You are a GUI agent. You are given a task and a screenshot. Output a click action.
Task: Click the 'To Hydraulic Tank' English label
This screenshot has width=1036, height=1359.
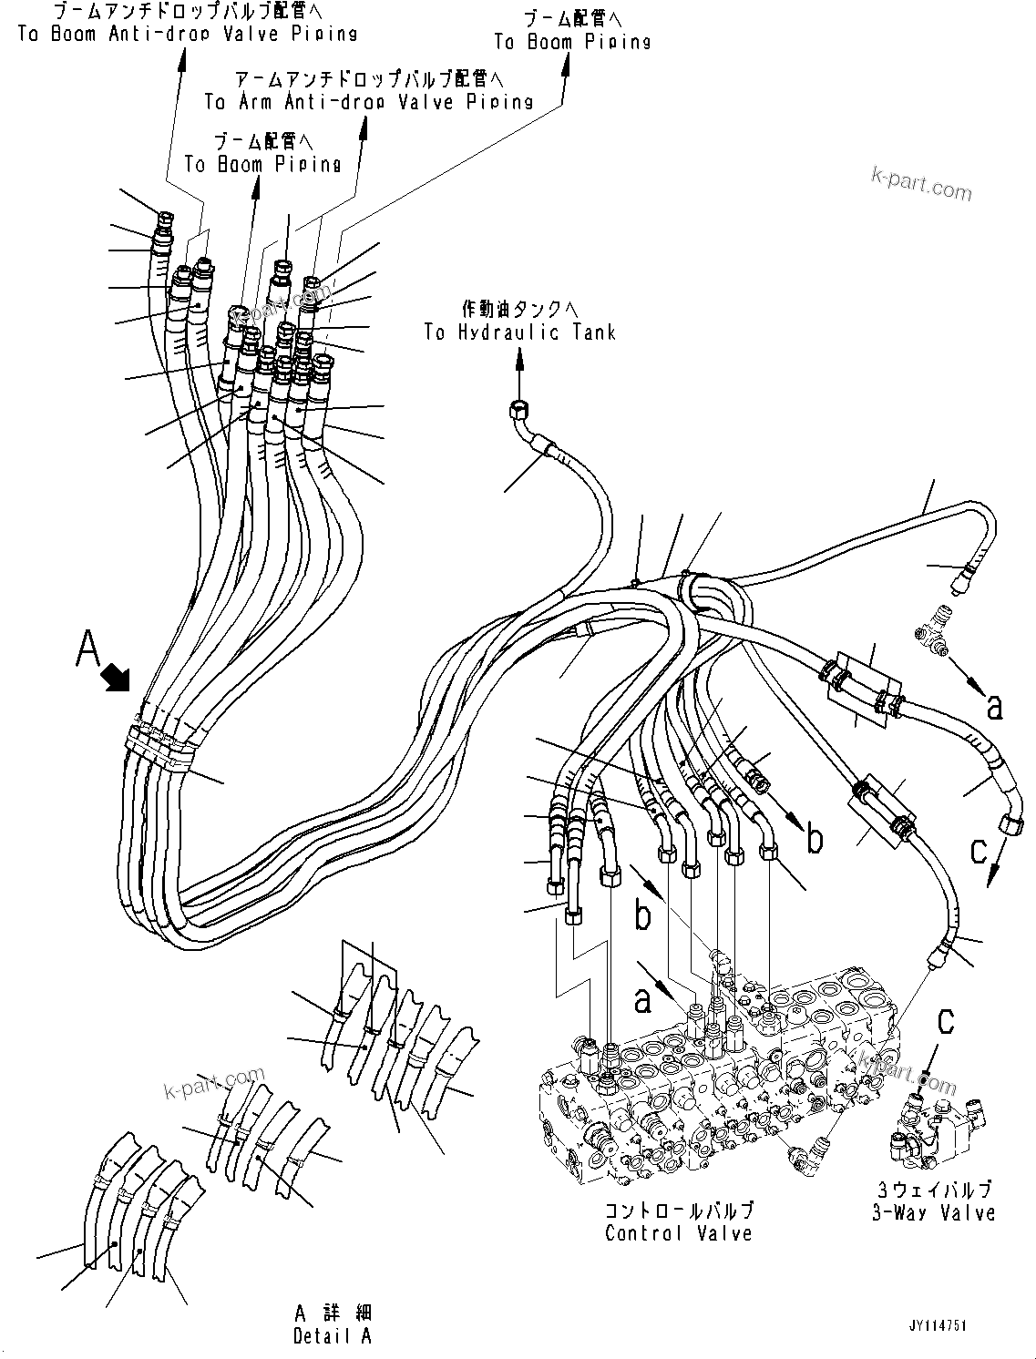[x=519, y=332]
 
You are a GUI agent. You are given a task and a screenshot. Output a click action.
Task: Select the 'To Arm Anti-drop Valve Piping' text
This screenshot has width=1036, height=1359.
[x=368, y=101]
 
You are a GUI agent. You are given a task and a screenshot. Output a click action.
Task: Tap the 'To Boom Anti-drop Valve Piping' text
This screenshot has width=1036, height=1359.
[x=187, y=34]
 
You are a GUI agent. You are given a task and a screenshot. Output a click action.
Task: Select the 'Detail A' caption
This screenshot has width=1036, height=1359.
[x=333, y=1336]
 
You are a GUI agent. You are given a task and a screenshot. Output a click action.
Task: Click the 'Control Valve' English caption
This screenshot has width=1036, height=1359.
[x=679, y=1233]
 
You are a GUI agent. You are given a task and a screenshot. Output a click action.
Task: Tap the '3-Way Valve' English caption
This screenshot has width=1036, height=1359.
[x=933, y=1212]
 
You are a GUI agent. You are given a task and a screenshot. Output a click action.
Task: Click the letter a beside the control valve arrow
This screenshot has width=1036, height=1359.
[x=643, y=1000]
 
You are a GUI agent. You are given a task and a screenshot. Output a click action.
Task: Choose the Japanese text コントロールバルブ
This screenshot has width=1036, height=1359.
[x=679, y=1211]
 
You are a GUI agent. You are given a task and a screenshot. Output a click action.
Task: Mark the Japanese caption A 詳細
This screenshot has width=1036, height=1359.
[x=333, y=1313]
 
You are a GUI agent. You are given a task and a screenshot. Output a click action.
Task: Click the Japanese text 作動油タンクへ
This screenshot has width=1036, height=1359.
[x=519, y=309]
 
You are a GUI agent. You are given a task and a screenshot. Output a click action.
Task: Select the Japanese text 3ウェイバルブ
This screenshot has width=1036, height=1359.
[x=933, y=1189]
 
